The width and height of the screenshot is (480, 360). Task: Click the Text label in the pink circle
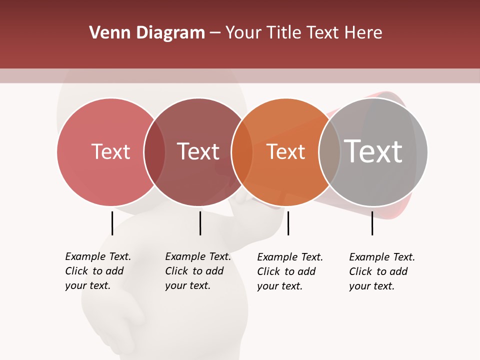coord(110,151)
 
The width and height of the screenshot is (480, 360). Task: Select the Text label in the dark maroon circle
coord(198,151)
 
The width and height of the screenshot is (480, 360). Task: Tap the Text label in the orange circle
coord(285,151)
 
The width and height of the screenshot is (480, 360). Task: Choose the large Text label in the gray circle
coord(373,151)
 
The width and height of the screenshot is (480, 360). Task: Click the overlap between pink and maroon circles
coord(154,151)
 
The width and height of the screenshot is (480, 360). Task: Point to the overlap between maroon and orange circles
coord(242,151)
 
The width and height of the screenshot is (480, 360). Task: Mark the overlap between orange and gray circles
coord(329,151)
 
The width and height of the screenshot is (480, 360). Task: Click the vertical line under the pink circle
coord(112,223)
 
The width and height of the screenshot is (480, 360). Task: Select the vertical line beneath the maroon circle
coord(200,223)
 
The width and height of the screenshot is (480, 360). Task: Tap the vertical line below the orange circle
coord(288,223)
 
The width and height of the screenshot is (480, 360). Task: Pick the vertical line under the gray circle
coord(372,223)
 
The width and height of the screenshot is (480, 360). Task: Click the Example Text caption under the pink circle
coord(97,271)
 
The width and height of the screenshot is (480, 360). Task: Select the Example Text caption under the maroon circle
coord(197,271)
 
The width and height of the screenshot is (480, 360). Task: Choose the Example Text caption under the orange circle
coord(289,271)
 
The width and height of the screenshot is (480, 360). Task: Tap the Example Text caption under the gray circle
coord(381,271)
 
